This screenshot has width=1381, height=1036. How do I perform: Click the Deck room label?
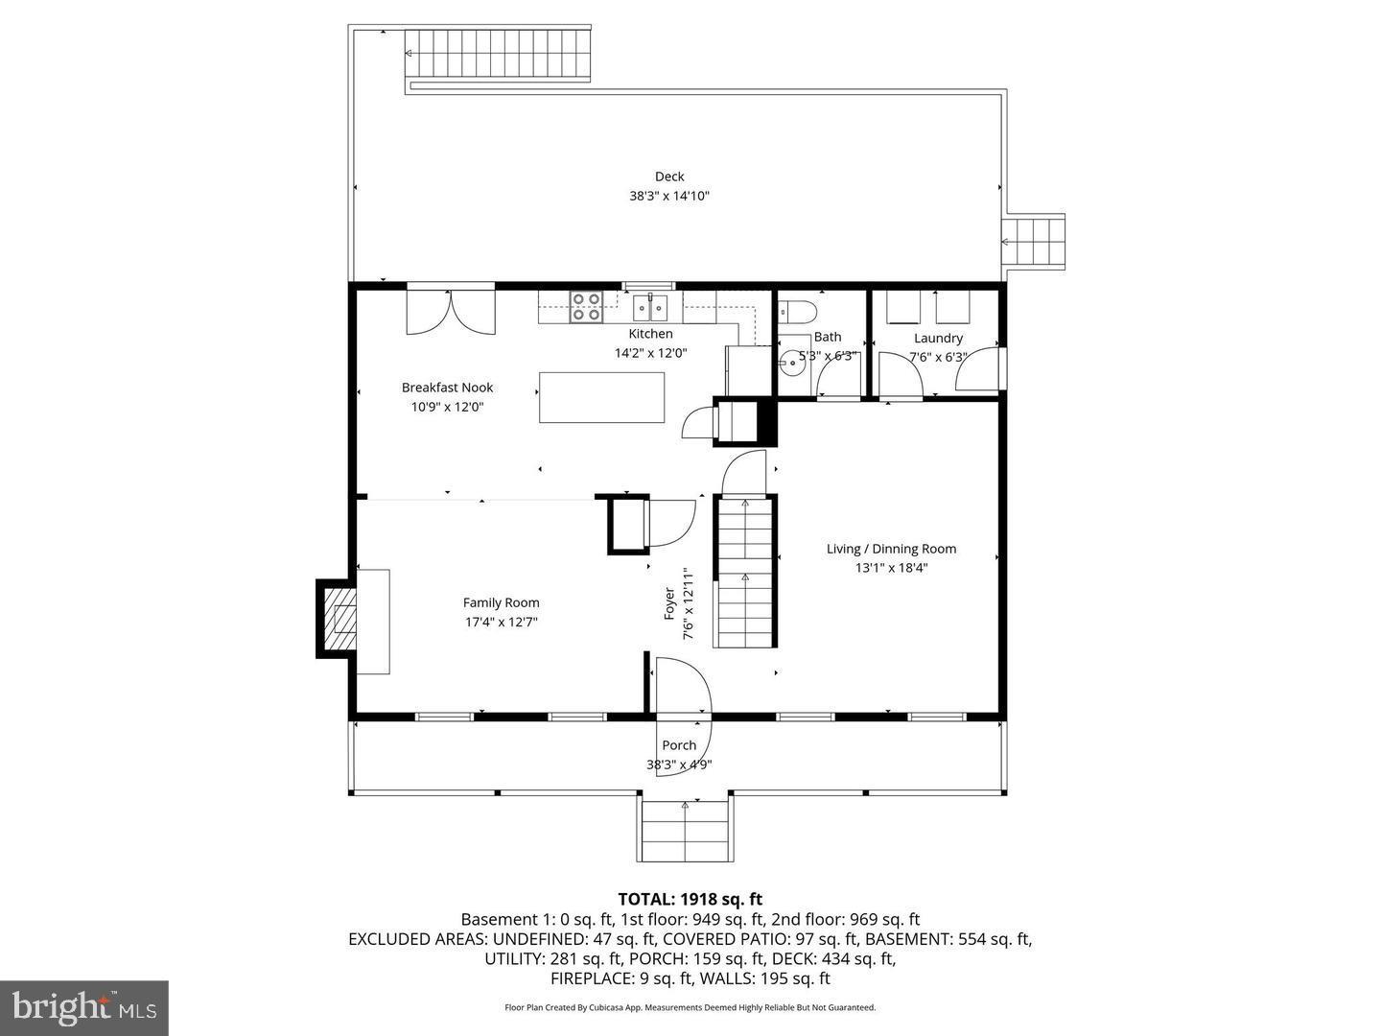669,177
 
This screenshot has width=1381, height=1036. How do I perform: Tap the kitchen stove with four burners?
586,307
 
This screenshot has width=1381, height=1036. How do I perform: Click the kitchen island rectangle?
601,397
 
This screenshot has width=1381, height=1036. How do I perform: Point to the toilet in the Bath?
797,311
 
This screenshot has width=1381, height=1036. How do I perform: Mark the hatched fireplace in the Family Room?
338,619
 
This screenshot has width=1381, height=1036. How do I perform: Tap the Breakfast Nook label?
447,388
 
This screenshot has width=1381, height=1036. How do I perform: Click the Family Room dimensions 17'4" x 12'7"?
501,622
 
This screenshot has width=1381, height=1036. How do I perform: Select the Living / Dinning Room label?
891,549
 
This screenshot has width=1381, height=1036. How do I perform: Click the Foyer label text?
669,602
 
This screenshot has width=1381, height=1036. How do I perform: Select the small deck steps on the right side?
1034,241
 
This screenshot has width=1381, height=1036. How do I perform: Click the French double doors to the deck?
451,310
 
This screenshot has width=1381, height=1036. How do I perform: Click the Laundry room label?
938,339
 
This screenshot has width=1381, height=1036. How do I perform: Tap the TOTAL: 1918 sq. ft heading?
690,899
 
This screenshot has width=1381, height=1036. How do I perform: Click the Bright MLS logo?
84,1007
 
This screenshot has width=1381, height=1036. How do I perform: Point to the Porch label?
679,745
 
